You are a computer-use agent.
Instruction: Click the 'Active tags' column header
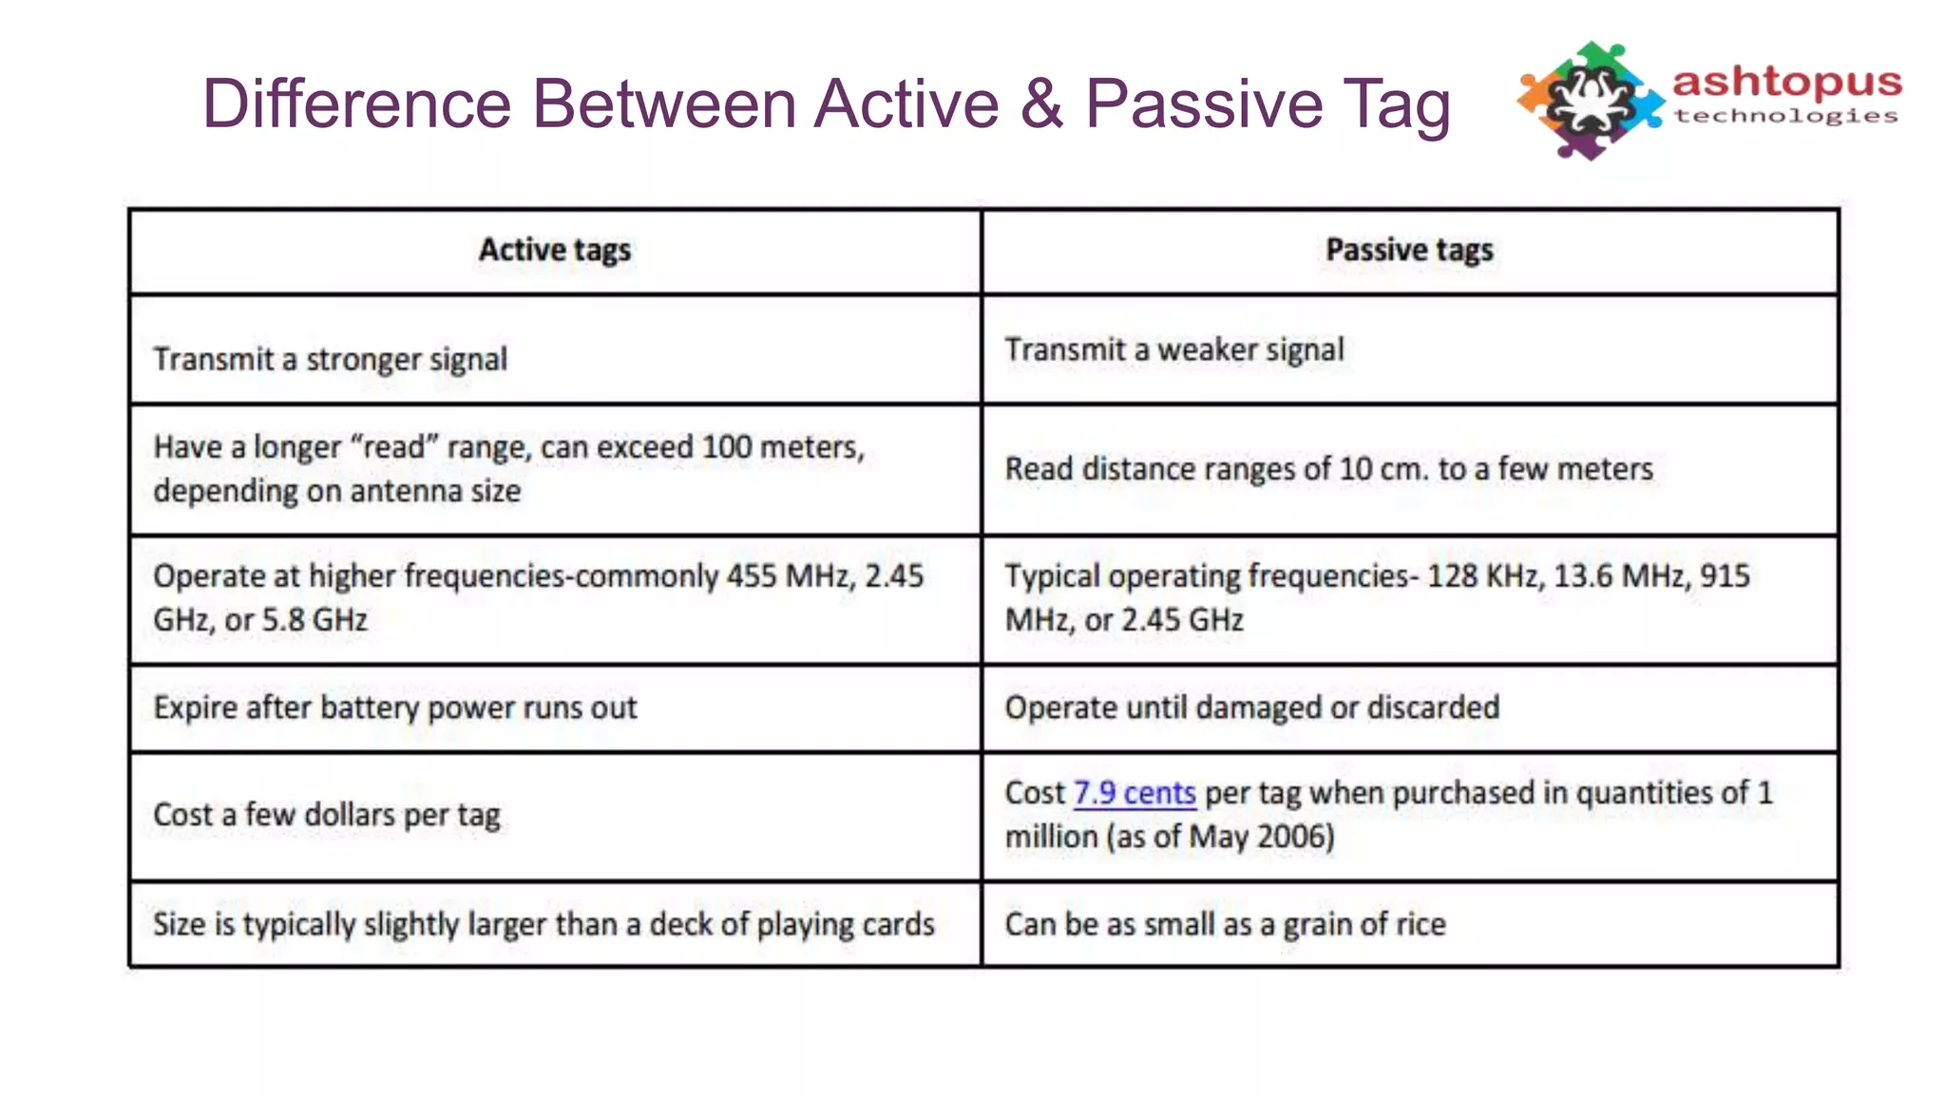pos(555,251)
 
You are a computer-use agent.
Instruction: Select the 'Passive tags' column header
pos(1409,251)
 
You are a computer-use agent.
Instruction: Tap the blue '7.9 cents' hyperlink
pos(1134,793)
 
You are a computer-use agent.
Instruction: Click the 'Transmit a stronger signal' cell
pos(330,359)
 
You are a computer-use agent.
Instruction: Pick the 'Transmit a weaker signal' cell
pos(1174,349)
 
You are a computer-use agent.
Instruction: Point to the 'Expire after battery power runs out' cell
pos(395,707)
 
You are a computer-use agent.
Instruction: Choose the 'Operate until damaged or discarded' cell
pos(1252,707)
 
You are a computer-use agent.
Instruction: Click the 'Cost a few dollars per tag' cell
pos(327,815)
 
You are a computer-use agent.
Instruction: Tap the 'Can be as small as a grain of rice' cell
pos(1226,924)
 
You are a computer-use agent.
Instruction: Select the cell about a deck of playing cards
pos(544,924)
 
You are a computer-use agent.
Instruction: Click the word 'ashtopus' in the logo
pos(1786,84)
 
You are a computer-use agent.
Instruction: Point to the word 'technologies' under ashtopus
pos(1786,116)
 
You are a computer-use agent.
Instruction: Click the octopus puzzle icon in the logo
pos(1590,101)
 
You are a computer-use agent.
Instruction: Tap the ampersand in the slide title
pos(1041,104)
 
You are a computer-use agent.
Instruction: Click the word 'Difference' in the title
pos(357,104)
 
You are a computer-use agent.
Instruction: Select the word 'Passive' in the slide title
pos(1204,104)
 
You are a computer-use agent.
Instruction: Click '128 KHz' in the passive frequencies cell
pos(1484,576)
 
